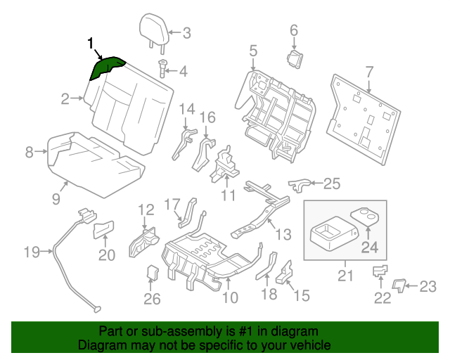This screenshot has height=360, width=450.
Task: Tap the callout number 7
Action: (369, 71)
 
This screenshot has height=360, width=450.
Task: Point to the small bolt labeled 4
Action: (162, 70)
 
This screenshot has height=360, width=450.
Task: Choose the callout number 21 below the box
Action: (345, 276)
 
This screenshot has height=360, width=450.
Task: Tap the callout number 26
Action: (152, 300)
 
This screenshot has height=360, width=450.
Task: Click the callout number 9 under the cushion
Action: (56, 198)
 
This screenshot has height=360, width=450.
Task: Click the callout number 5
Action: (252, 51)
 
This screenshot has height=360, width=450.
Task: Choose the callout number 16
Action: (207, 117)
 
